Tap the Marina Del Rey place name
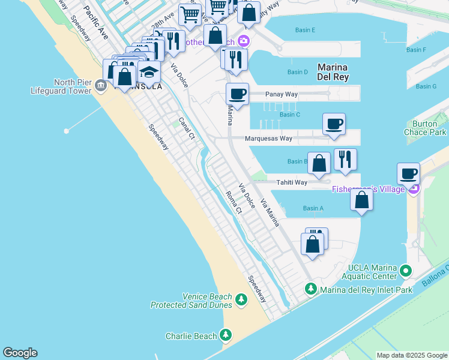point(333,72)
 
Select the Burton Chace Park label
point(429,127)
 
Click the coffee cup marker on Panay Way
point(238,94)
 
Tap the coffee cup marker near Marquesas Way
point(334,124)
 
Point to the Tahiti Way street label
point(292,182)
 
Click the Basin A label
point(313,208)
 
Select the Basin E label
point(305,30)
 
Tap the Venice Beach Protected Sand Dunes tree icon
point(241,299)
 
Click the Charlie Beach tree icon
point(226,335)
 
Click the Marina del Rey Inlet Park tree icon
point(311,289)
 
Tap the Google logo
point(20,353)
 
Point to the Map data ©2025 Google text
point(411,355)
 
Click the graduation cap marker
point(149,72)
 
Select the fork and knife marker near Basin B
point(345,159)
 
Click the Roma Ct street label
point(234,202)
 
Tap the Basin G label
point(426,86)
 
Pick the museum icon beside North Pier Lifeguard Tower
point(100,87)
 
